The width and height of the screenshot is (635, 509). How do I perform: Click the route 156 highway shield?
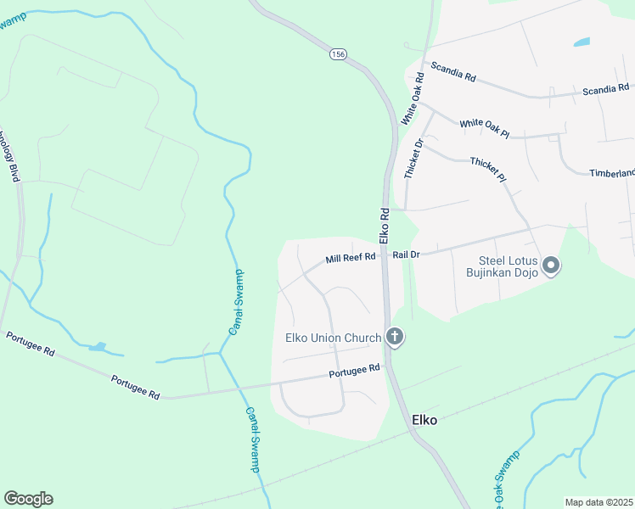click(x=339, y=53)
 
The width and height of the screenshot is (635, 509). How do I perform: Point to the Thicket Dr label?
click(x=413, y=157)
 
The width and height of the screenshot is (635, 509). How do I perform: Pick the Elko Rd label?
click(x=384, y=223)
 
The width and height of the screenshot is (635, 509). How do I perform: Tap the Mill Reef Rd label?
click(x=351, y=258)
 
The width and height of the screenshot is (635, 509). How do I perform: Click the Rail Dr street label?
click(x=407, y=254)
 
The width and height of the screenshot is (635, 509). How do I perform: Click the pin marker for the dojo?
click(x=552, y=266)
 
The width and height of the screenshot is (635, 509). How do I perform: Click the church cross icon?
click(x=394, y=338)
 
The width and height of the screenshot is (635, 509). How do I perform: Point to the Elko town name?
click(x=424, y=419)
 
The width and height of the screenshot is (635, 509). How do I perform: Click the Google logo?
click(x=28, y=499)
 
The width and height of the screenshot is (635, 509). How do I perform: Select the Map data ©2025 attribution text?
click(x=598, y=502)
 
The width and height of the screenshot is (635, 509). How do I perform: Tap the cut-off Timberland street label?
click(x=612, y=173)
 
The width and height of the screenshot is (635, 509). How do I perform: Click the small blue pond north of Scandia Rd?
click(x=582, y=42)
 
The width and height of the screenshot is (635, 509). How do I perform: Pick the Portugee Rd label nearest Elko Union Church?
click(x=355, y=370)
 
